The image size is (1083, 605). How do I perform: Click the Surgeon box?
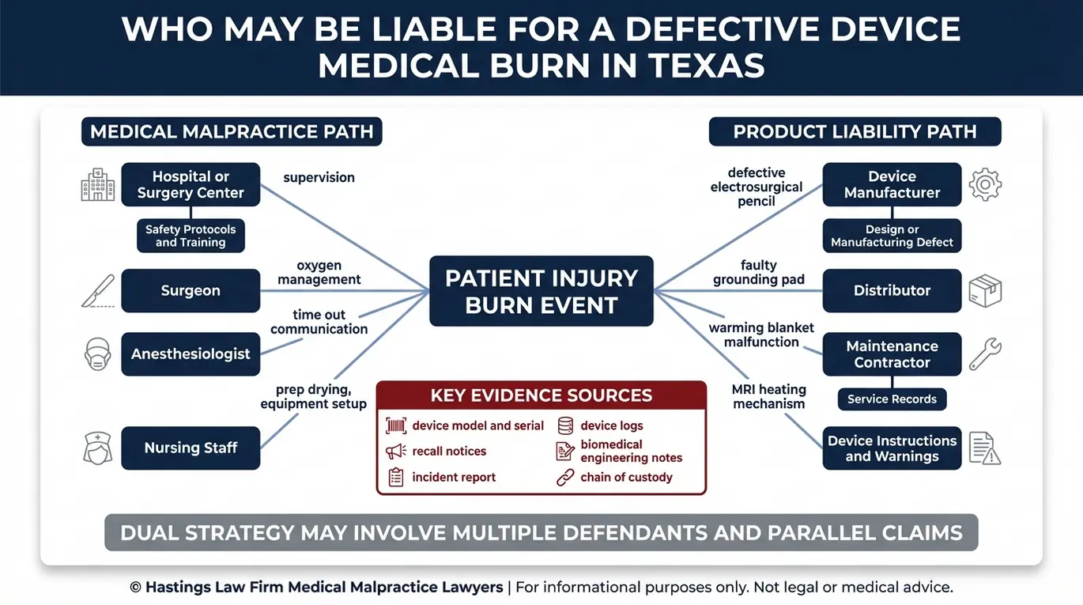191,291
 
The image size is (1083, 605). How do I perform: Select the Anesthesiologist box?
191,354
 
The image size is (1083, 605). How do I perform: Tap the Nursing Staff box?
191,448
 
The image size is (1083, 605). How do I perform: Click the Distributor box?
892,291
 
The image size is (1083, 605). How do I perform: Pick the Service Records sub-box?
892,399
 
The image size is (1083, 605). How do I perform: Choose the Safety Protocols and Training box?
191,236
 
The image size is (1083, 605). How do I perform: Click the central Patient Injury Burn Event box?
541,291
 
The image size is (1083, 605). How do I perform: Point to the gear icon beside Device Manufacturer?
985,185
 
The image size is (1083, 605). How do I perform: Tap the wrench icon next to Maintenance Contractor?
985,354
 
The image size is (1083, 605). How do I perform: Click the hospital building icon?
98,184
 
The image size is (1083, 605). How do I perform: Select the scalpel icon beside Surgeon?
98,291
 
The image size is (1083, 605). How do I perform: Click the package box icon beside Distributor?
985,291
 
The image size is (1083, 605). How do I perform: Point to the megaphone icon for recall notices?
396,452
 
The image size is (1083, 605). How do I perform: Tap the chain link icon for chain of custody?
565,478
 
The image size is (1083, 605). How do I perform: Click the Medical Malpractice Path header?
232,131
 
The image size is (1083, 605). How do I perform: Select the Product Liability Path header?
855,131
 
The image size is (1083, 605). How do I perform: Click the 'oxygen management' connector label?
319,272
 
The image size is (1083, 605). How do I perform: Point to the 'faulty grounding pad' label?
759,272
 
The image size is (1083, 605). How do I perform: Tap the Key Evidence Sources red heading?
541,395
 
